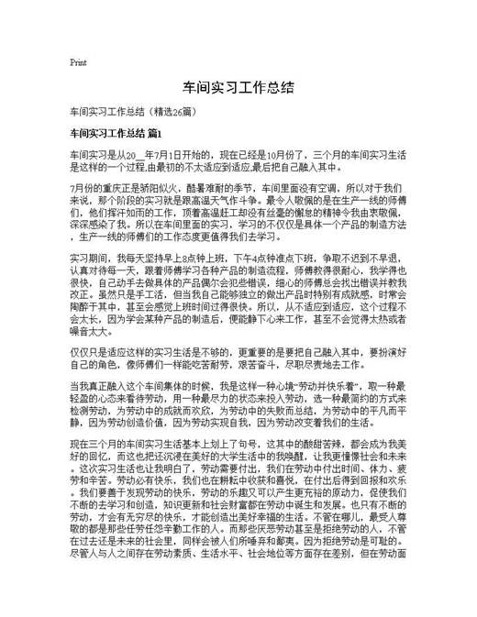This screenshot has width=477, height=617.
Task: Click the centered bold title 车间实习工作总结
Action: tap(238, 89)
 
